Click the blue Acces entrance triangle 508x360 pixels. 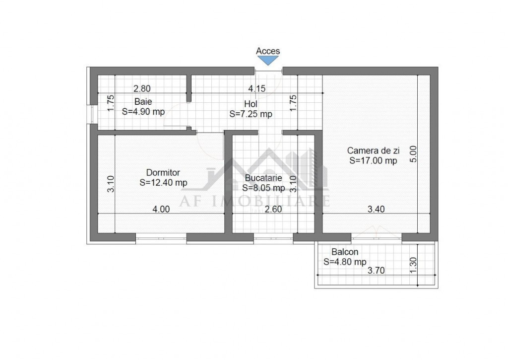268,60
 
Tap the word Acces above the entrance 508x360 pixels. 268,51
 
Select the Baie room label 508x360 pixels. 143,101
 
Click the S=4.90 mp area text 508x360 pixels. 143,112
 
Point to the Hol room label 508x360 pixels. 251,104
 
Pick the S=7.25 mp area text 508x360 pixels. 251,114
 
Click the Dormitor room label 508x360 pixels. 163,172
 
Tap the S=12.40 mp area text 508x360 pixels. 163,183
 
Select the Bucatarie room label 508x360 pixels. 263,178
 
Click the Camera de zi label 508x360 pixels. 373,150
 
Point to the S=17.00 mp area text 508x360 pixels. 373,160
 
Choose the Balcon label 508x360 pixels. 345,252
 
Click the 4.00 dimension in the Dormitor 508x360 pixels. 161,209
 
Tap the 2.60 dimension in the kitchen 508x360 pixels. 273,209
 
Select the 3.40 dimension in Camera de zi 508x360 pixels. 376,209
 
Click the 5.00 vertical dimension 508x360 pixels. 413,154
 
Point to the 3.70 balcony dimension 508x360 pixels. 376,270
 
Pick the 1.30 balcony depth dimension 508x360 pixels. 413,265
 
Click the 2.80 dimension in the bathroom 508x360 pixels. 142,88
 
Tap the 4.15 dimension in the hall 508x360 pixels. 256,88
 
